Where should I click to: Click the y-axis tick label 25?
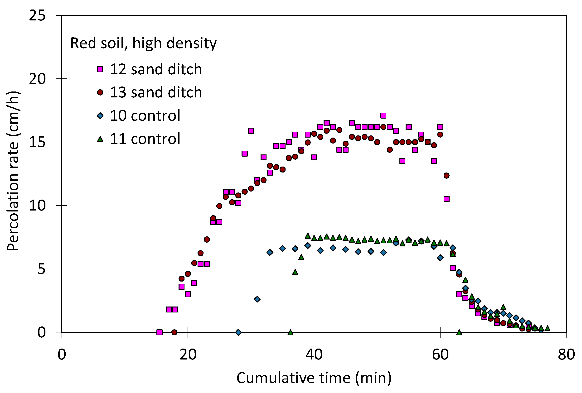tap(37, 15)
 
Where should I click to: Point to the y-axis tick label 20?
tap(37, 79)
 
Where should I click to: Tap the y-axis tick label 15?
tap(37, 142)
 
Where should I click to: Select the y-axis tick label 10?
tap(37, 206)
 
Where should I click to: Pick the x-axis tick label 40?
tap(314, 355)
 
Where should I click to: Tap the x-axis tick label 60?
tap(440, 355)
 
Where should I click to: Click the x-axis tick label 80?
tap(566, 355)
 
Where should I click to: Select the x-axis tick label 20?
tap(188, 355)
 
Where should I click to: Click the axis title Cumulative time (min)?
tap(314, 378)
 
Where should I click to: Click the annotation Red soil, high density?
tap(143, 43)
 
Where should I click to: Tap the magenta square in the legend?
tap(100, 69)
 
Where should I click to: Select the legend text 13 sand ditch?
tap(156, 92)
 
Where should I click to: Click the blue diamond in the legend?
tap(100, 116)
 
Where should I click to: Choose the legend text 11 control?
tap(145, 139)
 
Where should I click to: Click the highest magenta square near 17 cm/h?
tap(383, 115)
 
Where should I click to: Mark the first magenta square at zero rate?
tap(159, 332)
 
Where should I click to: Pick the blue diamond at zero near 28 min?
tap(238, 332)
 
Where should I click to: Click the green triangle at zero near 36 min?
tap(290, 332)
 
